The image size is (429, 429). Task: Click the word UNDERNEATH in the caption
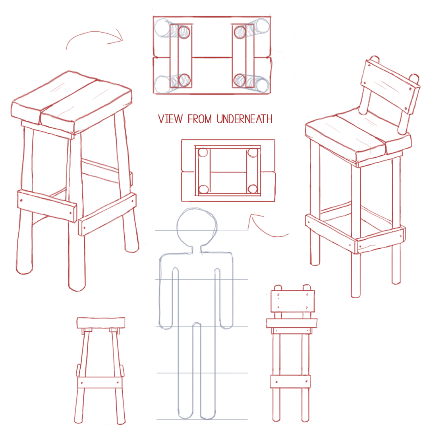(244, 119)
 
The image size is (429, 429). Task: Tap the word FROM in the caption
(200, 119)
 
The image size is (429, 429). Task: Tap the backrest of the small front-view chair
(292, 301)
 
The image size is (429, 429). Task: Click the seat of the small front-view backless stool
(101, 323)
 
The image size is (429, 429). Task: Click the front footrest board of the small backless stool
(100, 383)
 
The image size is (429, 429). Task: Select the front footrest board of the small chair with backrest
(290, 381)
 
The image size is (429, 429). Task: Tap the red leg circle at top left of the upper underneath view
(184, 32)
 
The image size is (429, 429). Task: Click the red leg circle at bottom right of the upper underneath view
(240, 80)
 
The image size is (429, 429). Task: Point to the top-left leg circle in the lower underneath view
(203, 153)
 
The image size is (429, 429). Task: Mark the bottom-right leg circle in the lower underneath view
(253, 189)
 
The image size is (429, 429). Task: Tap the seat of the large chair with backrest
(358, 137)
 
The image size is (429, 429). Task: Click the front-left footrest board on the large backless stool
(47, 206)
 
